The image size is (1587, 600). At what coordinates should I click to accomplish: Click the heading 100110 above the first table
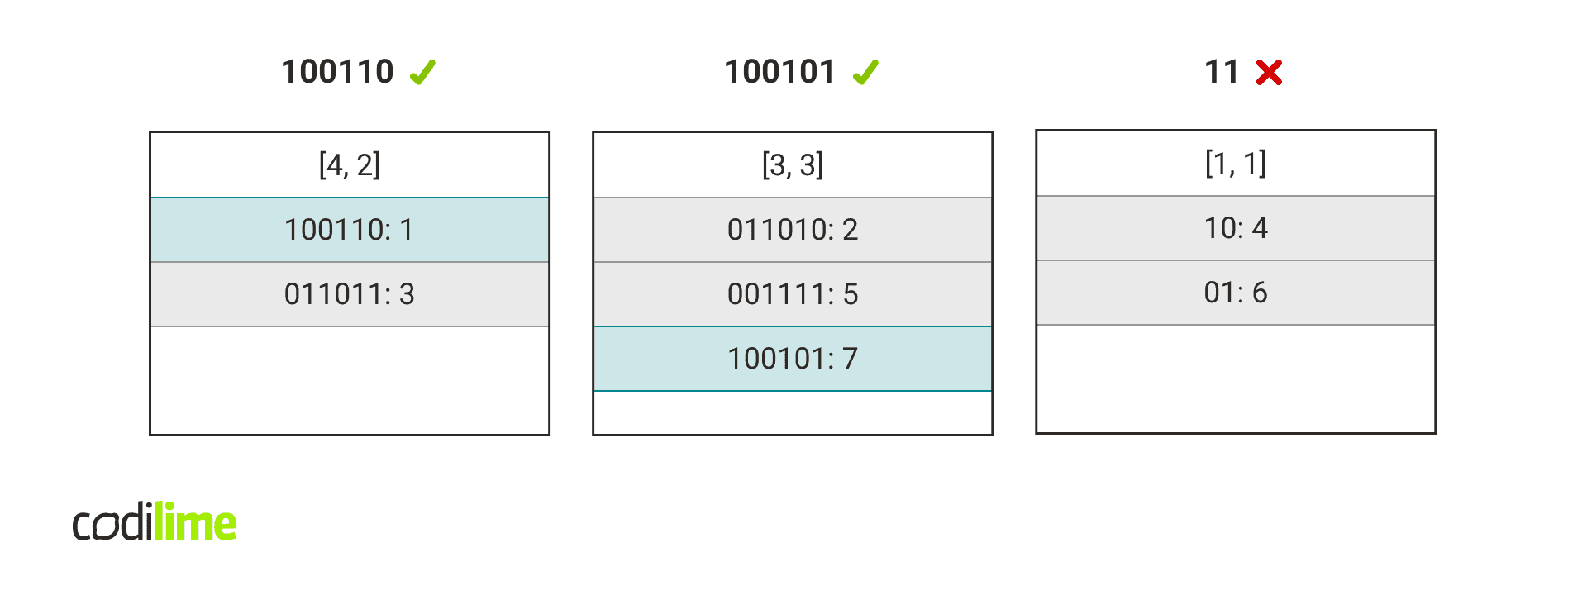pos(337,72)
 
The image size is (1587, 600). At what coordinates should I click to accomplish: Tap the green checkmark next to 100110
pos(422,73)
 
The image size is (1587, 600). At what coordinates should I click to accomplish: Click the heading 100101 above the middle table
pos(779,72)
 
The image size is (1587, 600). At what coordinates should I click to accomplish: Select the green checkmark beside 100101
pos(865,73)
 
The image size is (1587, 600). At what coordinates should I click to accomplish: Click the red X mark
pos(1269,73)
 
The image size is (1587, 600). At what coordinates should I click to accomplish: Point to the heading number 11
pos(1222,72)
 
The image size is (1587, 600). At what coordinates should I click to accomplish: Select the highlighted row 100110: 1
pos(349,230)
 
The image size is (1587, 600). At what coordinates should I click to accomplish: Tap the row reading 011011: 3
pos(349,294)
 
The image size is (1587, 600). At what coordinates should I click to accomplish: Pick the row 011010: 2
pos(792,230)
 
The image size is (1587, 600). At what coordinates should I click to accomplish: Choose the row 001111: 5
pos(792,294)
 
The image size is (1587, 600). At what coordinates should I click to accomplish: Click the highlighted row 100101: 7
pos(792,359)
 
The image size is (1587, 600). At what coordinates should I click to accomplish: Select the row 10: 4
pos(1235,228)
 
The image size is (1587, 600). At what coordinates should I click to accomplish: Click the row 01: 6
pos(1235,293)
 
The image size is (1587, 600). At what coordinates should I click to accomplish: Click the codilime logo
pos(155,523)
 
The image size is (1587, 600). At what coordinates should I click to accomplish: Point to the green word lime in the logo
pos(196,523)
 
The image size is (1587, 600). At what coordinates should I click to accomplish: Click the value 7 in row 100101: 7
pos(850,359)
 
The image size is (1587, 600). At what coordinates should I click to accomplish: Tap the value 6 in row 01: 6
pos(1260,293)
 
